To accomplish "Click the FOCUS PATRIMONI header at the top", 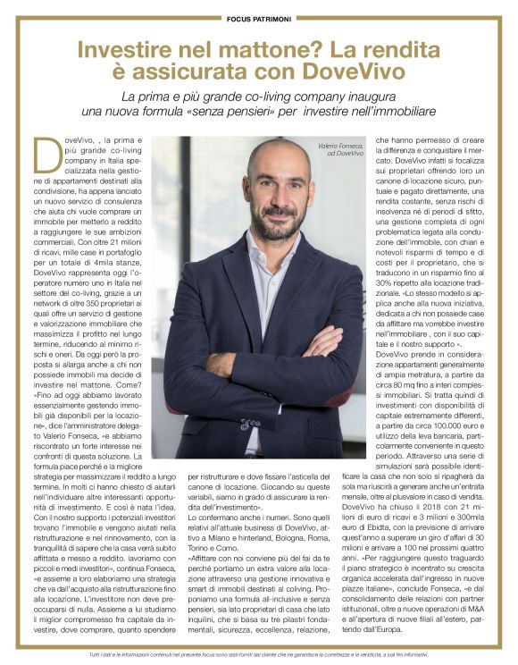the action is coord(258,16).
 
